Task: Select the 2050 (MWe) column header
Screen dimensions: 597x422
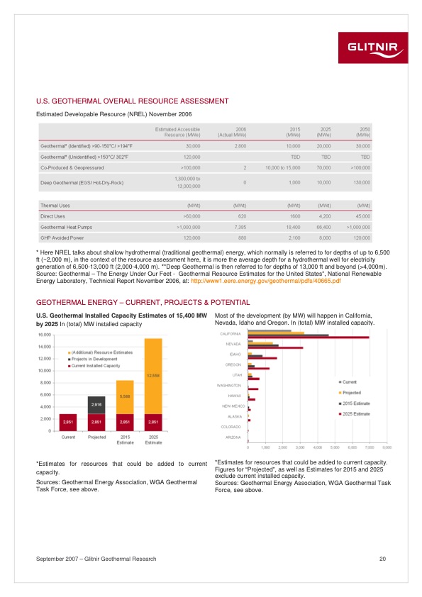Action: (x=362, y=132)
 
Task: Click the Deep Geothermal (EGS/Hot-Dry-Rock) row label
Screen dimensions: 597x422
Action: (x=82, y=182)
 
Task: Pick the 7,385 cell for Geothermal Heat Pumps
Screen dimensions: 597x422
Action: (x=238, y=225)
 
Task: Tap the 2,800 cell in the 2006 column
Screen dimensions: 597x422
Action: (x=239, y=145)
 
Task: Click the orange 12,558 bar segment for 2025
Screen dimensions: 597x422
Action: (x=152, y=376)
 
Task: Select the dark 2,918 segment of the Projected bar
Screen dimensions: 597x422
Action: (x=96, y=405)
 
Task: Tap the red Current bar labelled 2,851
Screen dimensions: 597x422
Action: (x=68, y=422)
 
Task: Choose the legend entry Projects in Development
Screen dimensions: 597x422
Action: (x=94, y=359)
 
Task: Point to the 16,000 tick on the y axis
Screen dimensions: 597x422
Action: (x=44, y=335)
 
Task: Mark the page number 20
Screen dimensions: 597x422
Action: (x=382, y=559)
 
